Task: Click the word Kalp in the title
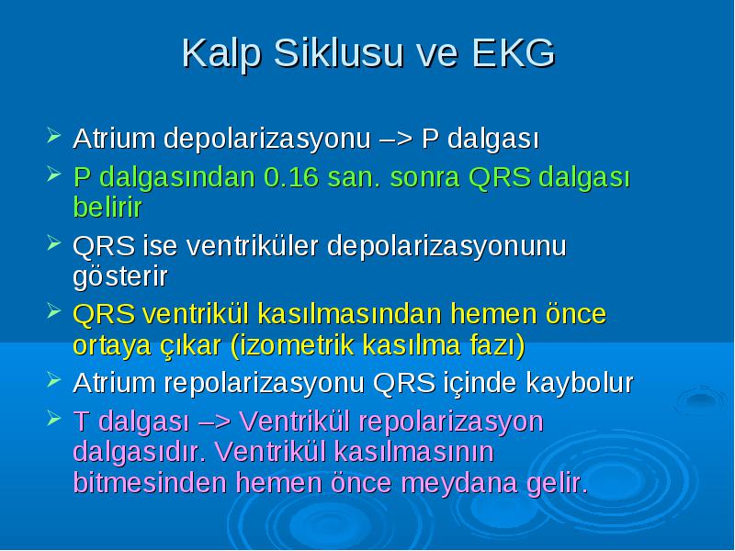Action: coord(220,54)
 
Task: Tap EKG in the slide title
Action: coord(514,52)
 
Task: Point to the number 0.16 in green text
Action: coord(291,177)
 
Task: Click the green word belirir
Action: coord(107,207)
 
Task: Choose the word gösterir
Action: coord(120,277)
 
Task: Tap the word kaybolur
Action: coord(580,383)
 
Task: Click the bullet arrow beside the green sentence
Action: coord(54,174)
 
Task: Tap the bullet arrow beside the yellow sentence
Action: coord(54,311)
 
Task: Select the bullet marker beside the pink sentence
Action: coord(54,419)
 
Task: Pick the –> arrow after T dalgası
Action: coord(215,422)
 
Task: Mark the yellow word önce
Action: coord(576,313)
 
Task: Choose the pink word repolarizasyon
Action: coord(451,422)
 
